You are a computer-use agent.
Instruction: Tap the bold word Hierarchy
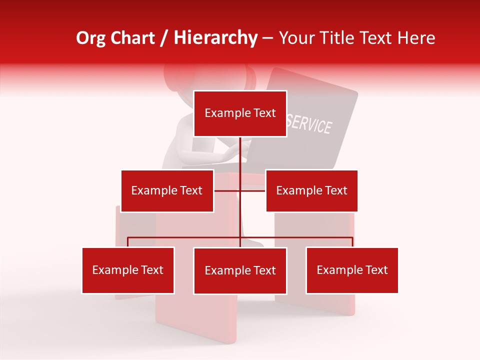point(215,38)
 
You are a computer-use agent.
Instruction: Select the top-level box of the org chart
point(240,113)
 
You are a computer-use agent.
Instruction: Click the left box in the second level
point(167,190)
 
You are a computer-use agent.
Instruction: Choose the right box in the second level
point(311,190)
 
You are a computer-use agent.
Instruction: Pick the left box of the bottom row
point(128,270)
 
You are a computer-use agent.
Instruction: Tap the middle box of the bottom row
point(240,271)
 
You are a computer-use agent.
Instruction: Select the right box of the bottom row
point(352,270)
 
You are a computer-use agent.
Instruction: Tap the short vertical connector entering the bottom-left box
point(128,242)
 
